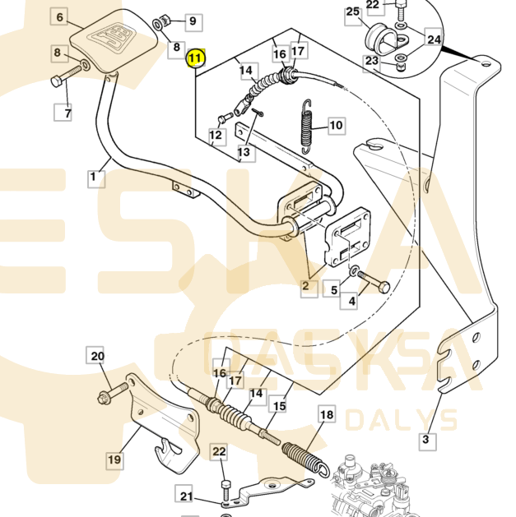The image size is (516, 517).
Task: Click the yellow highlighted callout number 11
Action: coord(196,58)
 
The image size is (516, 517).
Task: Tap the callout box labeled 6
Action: coord(60,16)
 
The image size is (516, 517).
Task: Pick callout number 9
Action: coord(191,21)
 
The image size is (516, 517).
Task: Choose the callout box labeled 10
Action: coord(336,126)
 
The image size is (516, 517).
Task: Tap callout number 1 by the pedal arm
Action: coord(93,175)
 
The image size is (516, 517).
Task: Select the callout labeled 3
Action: coord(425,441)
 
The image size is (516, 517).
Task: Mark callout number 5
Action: coord(333,289)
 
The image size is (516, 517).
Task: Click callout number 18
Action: coord(327,415)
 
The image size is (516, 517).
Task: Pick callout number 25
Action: coord(352,12)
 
